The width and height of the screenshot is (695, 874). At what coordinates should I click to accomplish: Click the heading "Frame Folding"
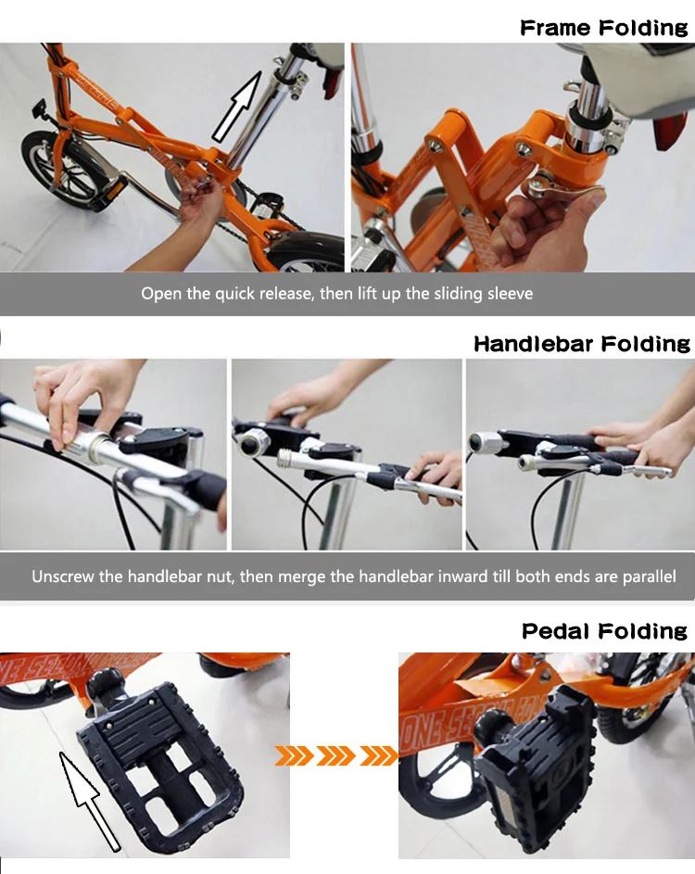pos(604,28)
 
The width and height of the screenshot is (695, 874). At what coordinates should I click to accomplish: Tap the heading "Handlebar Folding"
pos(582,345)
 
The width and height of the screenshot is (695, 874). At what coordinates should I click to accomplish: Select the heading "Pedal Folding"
pos(604,631)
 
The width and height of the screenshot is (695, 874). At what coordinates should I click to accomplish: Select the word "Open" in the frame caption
pos(158,294)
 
